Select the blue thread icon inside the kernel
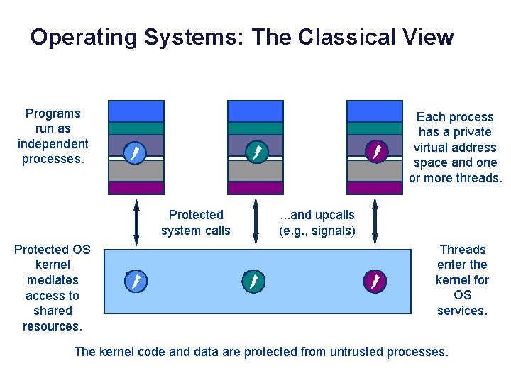coord(134,282)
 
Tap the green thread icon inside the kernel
coord(253,282)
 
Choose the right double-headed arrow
coord(375,223)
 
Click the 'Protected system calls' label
coord(196,223)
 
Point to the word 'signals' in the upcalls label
coord(331,231)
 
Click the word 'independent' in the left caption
coord(53,144)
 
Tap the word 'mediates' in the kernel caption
coord(53,280)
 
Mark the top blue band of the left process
coord(136,111)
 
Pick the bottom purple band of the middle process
coord(255,188)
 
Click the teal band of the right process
coord(375,128)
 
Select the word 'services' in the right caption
coord(461,311)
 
